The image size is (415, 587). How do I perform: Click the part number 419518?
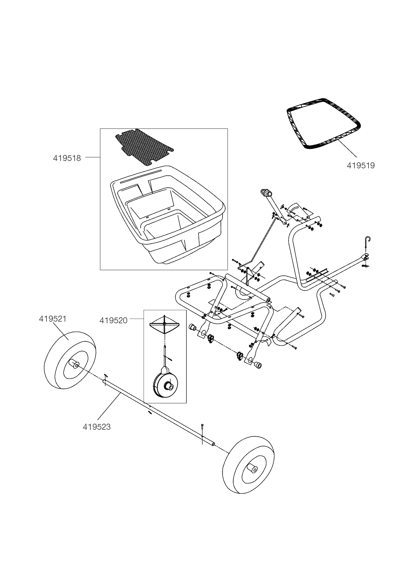coord(67,158)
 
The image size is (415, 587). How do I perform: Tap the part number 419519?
coord(360,165)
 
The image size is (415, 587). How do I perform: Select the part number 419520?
coord(113,321)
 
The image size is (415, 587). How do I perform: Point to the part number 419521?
coord(53,319)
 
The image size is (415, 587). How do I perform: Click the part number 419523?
coord(96,427)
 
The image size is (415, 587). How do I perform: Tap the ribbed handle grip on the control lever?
coord(266,193)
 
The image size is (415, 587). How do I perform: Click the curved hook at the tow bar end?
coord(368,240)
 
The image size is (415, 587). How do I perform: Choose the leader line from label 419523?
coord(109,407)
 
